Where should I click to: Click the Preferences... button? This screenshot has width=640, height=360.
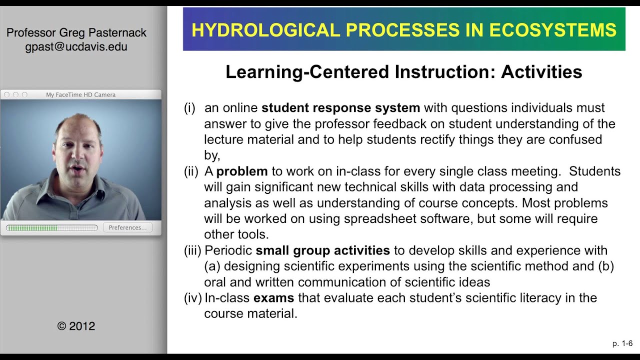(x=127, y=227)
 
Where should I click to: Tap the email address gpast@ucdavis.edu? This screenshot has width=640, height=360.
(x=76, y=46)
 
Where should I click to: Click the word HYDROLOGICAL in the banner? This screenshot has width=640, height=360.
(x=265, y=29)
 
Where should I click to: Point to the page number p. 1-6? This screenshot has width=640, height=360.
(x=622, y=343)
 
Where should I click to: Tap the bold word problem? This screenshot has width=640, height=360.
(x=242, y=171)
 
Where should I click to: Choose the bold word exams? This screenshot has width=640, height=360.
(x=273, y=297)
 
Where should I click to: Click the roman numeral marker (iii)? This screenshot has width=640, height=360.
(x=193, y=250)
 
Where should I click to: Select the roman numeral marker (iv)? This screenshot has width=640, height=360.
(x=193, y=298)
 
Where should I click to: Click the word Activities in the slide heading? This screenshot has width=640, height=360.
(x=541, y=71)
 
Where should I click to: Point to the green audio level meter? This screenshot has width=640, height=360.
(x=51, y=227)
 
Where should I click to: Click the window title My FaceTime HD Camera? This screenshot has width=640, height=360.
(x=81, y=94)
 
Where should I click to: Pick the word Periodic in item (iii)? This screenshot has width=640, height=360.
(x=228, y=250)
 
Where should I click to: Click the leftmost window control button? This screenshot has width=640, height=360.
(x=7, y=94)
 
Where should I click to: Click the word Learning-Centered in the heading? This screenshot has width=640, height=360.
(x=307, y=71)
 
